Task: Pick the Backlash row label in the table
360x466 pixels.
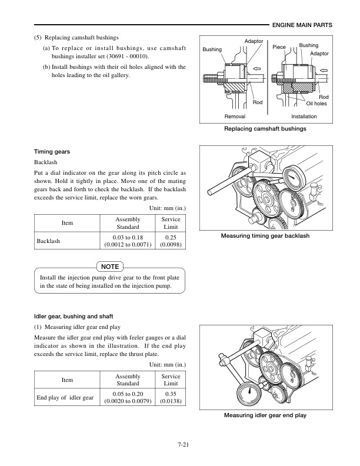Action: pyautogui.click(x=49, y=241)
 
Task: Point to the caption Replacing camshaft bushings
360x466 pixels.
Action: pyautogui.click(x=265, y=128)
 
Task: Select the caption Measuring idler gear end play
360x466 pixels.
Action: pyautogui.click(x=265, y=415)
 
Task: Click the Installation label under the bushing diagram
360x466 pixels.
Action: pyautogui.click(x=304, y=116)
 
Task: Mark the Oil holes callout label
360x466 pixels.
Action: pyautogui.click(x=316, y=104)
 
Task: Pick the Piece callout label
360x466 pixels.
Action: pyautogui.click(x=279, y=46)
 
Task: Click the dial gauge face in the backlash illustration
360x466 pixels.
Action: pyautogui.click(x=293, y=177)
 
